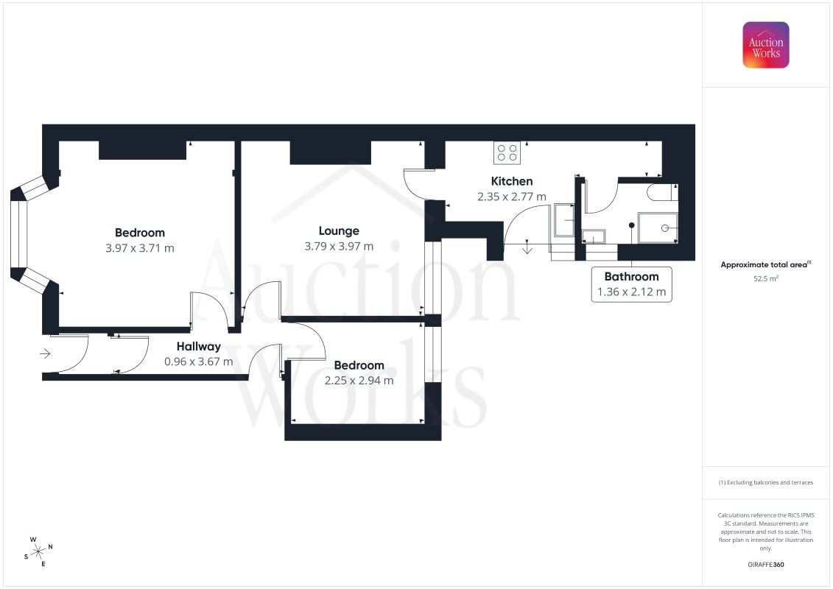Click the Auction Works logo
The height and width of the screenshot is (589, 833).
click(765, 45)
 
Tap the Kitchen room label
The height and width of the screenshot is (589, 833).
click(512, 181)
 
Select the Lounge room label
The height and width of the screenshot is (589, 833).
click(339, 231)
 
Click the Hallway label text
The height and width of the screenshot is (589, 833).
click(199, 347)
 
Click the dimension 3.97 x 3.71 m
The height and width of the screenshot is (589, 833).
click(140, 248)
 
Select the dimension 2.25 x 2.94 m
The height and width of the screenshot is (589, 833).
click(359, 381)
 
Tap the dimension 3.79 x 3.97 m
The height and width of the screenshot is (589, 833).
click(339, 247)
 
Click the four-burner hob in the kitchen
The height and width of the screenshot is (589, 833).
click(507, 153)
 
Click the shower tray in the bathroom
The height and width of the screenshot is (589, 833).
click(658, 228)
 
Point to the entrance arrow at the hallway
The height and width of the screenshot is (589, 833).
click(45, 353)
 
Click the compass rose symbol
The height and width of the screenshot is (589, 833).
click(38, 552)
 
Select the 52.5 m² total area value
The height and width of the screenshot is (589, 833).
click(765, 279)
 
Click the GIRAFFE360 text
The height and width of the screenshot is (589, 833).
click(765, 565)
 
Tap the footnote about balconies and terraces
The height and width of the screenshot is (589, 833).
click(765, 483)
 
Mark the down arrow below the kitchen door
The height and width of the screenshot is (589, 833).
click(527, 247)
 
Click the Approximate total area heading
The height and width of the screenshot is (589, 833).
click(765, 264)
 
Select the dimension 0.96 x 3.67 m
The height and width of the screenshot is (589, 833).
click(199, 362)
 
